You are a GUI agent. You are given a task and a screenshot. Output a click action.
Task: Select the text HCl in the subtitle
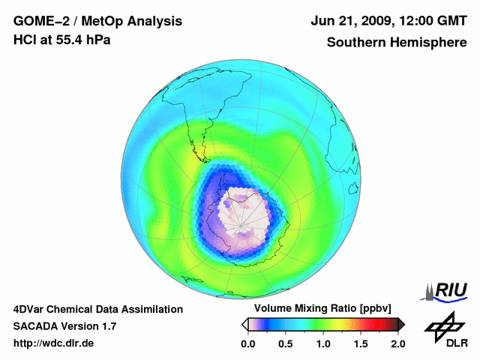click(x=25, y=39)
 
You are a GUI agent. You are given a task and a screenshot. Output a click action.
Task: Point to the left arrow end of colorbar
click(x=244, y=324)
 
